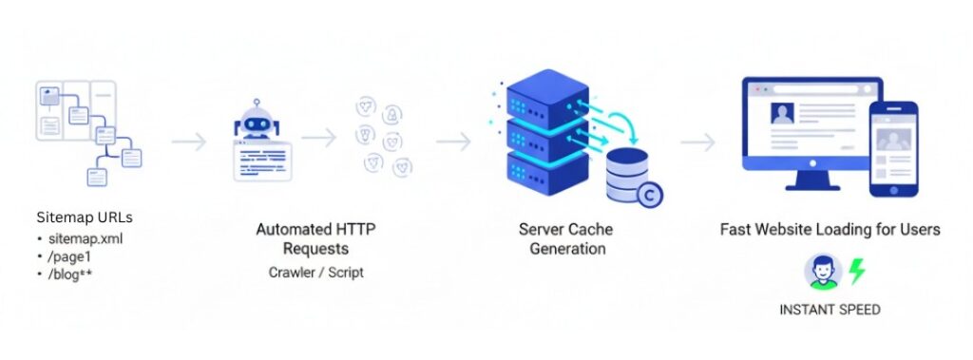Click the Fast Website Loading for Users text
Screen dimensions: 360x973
pos(830,229)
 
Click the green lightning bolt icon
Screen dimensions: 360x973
pos(857,272)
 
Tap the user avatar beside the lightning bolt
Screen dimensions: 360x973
pos(823,272)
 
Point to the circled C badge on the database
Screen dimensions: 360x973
pos(649,194)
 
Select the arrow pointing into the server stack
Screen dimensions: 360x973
pos(453,142)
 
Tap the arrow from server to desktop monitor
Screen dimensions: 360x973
pos(697,142)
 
